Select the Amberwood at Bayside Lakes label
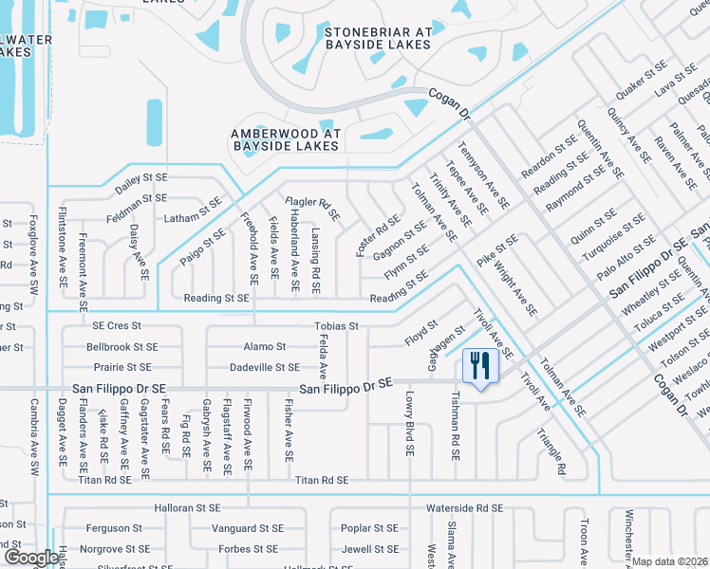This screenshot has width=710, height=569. coord(285,139)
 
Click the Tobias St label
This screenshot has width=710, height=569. coord(336,326)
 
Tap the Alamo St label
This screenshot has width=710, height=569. coord(265,347)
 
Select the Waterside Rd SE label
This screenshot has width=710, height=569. coord(464,508)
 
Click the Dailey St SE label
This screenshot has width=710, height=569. coord(141,177)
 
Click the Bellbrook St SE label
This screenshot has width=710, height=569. coord(121,347)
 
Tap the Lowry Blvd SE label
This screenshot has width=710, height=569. coord(410,425)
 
